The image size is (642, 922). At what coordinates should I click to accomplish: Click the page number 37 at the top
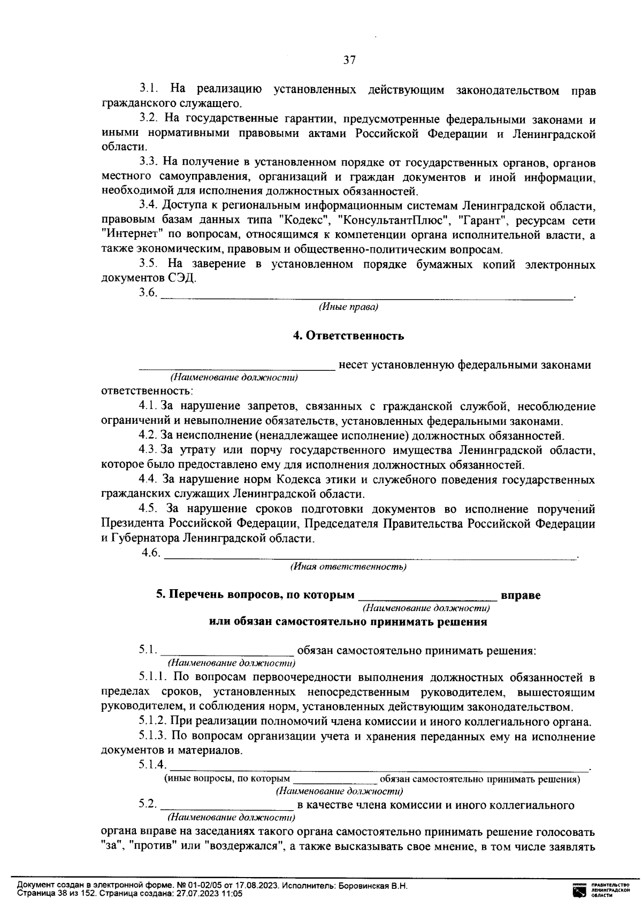(x=349, y=60)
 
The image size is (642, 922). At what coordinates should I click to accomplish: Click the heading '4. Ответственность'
(x=348, y=336)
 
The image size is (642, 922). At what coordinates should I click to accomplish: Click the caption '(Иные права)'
(x=348, y=307)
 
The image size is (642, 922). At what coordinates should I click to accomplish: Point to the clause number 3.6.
(x=148, y=293)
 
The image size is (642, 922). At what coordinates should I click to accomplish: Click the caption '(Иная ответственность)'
(x=348, y=567)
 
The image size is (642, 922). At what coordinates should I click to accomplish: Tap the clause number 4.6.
(x=150, y=553)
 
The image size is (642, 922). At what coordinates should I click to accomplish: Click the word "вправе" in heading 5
(x=520, y=595)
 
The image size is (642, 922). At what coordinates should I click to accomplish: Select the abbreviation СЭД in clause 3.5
(x=181, y=278)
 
